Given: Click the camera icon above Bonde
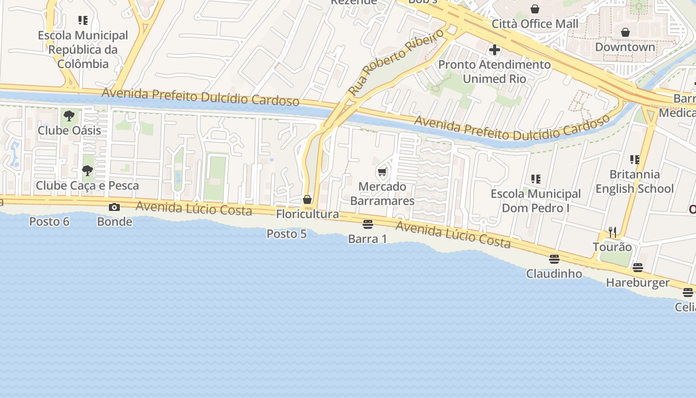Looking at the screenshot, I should pyautogui.click(x=114, y=207).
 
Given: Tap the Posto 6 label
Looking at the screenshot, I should pyautogui.click(x=49, y=221).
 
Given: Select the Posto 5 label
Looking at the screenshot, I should pyautogui.click(x=286, y=233).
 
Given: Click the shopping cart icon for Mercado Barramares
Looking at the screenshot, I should pyautogui.click(x=382, y=172).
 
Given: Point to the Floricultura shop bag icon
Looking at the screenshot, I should pyautogui.click(x=307, y=199).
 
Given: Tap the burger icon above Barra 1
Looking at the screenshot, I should pyautogui.click(x=368, y=224).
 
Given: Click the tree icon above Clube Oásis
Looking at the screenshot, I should pyautogui.click(x=69, y=116).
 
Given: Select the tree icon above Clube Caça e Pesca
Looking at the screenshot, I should pyautogui.click(x=87, y=171).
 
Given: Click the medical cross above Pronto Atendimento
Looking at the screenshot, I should pyautogui.click(x=494, y=50).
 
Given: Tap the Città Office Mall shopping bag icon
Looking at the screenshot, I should pyautogui.click(x=535, y=9).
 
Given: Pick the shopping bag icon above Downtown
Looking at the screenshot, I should pyautogui.click(x=625, y=32).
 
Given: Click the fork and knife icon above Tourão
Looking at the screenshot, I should pyautogui.click(x=612, y=232).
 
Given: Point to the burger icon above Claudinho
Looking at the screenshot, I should pyautogui.click(x=554, y=259).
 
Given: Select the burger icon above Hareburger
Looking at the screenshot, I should pyautogui.click(x=638, y=268).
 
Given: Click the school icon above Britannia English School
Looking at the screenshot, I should pyautogui.click(x=635, y=160).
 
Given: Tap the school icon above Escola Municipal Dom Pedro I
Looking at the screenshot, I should pyautogui.click(x=535, y=179).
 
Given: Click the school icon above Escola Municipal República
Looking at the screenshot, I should pyautogui.click(x=83, y=20).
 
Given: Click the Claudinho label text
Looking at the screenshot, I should pyautogui.click(x=554, y=274).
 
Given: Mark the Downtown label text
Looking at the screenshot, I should pyautogui.click(x=625, y=47).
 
